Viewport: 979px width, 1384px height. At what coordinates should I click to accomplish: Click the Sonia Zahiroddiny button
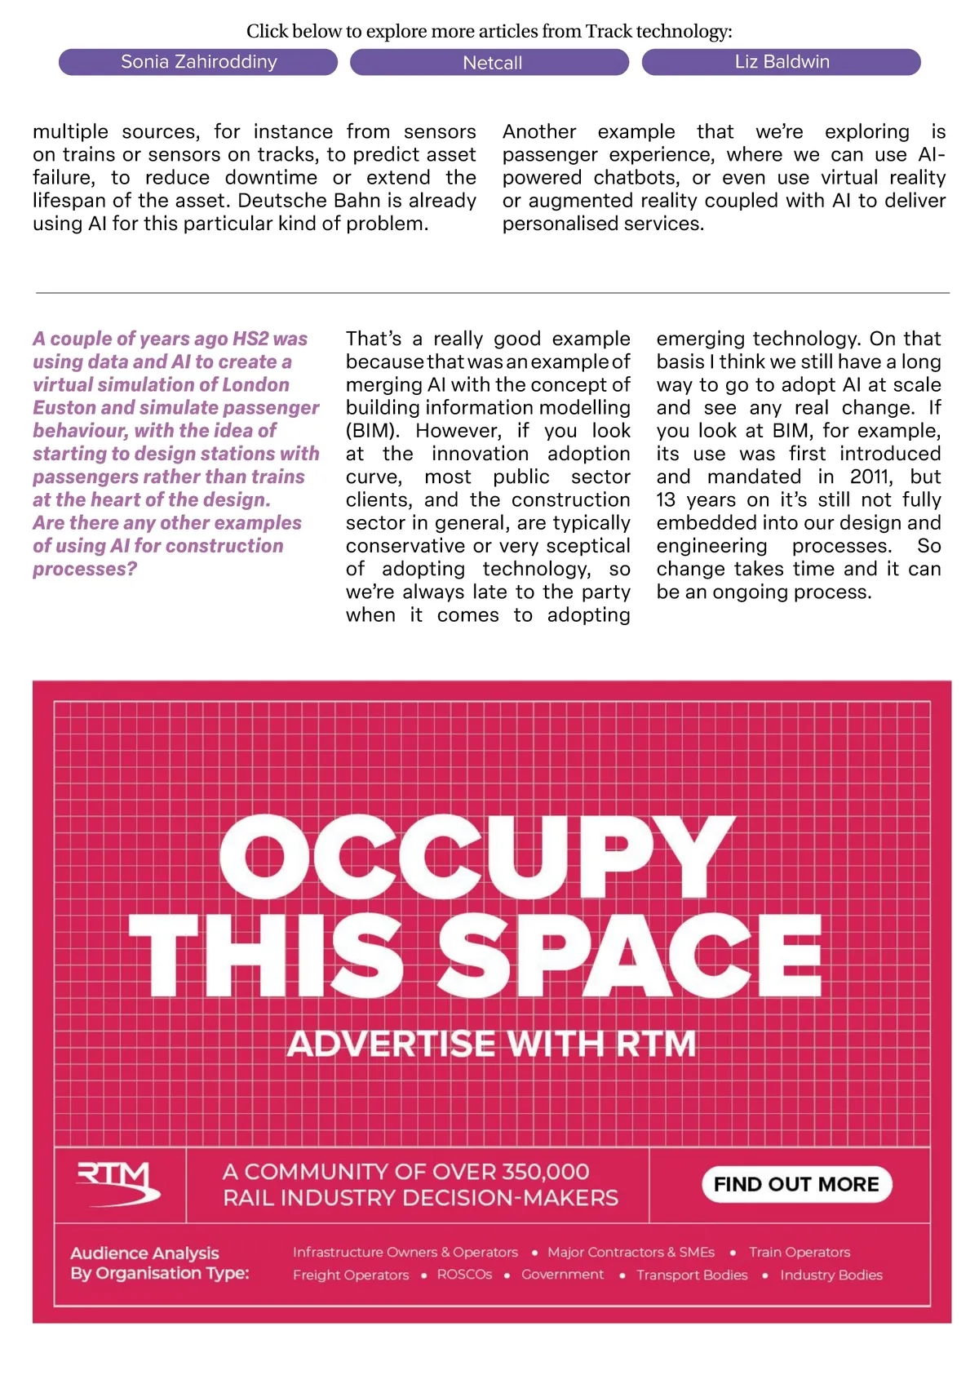click(x=198, y=62)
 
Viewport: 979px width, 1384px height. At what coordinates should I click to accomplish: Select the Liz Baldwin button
click(x=782, y=62)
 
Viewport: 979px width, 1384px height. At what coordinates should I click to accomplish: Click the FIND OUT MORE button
click(x=796, y=1184)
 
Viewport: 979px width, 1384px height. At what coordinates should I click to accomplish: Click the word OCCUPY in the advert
click(x=477, y=857)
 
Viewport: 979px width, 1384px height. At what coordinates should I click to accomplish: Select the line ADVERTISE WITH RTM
click(x=491, y=1044)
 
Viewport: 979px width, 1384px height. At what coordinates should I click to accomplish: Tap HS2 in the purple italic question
click(x=250, y=339)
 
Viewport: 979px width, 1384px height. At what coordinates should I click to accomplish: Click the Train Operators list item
click(x=800, y=1252)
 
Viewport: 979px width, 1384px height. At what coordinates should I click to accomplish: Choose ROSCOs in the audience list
click(x=464, y=1275)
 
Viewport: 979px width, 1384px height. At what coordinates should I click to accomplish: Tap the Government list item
click(x=563, y=1275)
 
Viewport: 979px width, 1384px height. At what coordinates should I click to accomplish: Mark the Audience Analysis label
click(x=144, y=1253)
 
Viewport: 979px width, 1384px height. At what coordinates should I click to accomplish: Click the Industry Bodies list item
click(x=831, y=1275)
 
